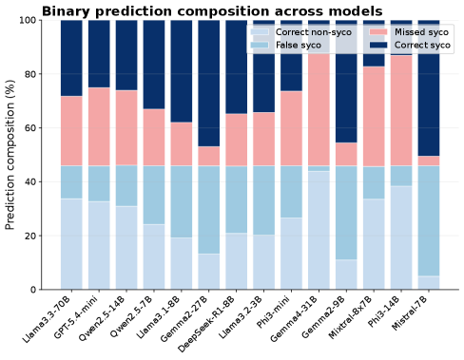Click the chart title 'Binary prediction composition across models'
tap(212, 11)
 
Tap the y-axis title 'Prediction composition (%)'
tap(10, 155)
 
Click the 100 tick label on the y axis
tap(28, 20)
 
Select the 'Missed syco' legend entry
tap(409, 32)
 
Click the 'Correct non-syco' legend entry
tap(300, 32)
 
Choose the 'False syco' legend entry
tap(285, 45)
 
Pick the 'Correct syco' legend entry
tap(410, 45)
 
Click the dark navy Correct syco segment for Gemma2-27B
tap(209, 84)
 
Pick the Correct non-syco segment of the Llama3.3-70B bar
tap(71, 244)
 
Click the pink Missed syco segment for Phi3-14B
tap(401, 111)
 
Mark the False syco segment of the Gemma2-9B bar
tap(346, 213)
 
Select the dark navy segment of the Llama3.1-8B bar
tap(182, 71)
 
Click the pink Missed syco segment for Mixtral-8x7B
tap(374, 116)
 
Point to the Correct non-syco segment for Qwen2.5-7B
tap(154, 256)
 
